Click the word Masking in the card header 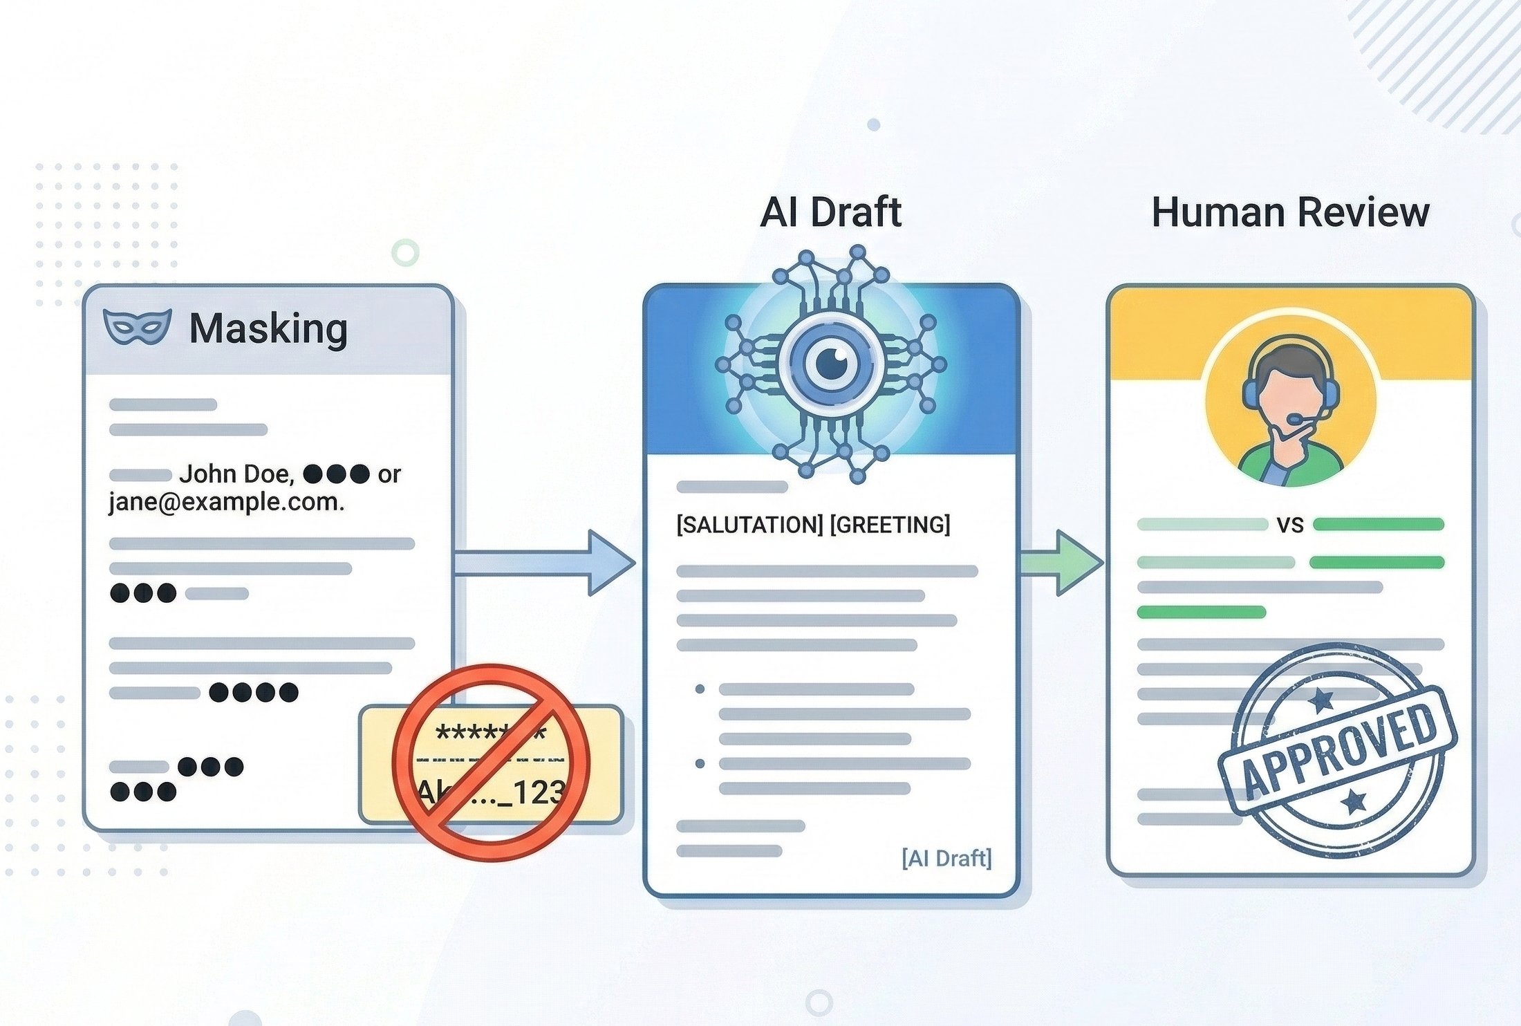(x=268, y=328)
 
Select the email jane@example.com (x=226, y=502)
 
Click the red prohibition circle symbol (x=492, y=763)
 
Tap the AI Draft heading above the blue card (x=830, y=212)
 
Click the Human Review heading (x=1290, y=212)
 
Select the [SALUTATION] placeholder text (x=749, y=525)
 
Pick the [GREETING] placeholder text (x=890, y=525)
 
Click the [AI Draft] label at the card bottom (x=946, y=858)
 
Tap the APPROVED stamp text (x=1338, y=750)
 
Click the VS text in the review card (x=1290, y=525)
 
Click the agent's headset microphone (x=1295, y=419)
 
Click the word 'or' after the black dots (x=389, y=474)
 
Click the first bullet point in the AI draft (x=700, y=689)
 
